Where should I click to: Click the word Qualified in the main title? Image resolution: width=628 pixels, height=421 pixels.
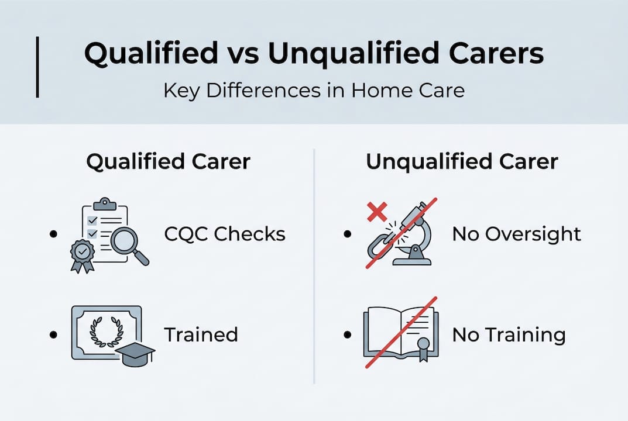150,54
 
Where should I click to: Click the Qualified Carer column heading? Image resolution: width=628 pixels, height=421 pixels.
168,162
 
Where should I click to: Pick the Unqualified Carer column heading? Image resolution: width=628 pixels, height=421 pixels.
462,162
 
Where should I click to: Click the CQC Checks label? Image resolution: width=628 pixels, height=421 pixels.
225,234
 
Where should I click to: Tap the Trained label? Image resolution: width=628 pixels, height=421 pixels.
201,334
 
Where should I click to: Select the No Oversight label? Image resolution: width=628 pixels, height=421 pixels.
517,234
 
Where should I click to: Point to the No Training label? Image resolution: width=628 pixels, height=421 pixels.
509,334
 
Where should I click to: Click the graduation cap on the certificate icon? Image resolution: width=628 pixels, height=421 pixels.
135,352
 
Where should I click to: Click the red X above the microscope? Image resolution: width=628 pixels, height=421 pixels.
377,211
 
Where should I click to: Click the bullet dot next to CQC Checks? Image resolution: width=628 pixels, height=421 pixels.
54,234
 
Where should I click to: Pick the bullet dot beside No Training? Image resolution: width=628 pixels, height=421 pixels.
348,334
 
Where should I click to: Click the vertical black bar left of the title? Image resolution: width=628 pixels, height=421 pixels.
37,67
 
